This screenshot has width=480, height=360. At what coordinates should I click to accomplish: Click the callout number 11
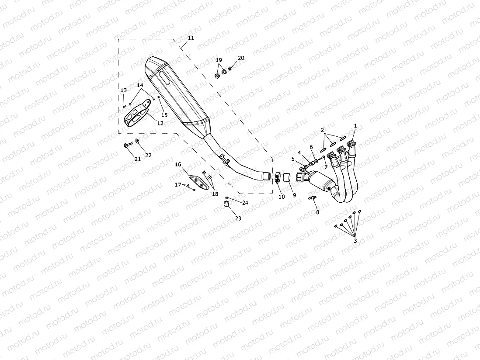190,38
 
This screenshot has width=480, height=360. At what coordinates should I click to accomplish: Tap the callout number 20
241,58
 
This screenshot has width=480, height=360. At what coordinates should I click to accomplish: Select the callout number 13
124,90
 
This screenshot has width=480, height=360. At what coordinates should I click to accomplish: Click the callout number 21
137,159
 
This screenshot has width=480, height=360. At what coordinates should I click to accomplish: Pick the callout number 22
148,155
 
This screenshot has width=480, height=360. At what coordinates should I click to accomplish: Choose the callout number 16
178,164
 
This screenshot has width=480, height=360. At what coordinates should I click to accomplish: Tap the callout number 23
238,218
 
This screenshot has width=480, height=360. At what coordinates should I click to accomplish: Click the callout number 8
317,212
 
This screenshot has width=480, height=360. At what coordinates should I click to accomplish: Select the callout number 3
355,241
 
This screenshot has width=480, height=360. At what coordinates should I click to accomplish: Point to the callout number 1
355,126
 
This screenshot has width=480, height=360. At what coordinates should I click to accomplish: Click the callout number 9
294,195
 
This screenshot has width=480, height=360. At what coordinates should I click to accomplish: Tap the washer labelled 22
137,141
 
